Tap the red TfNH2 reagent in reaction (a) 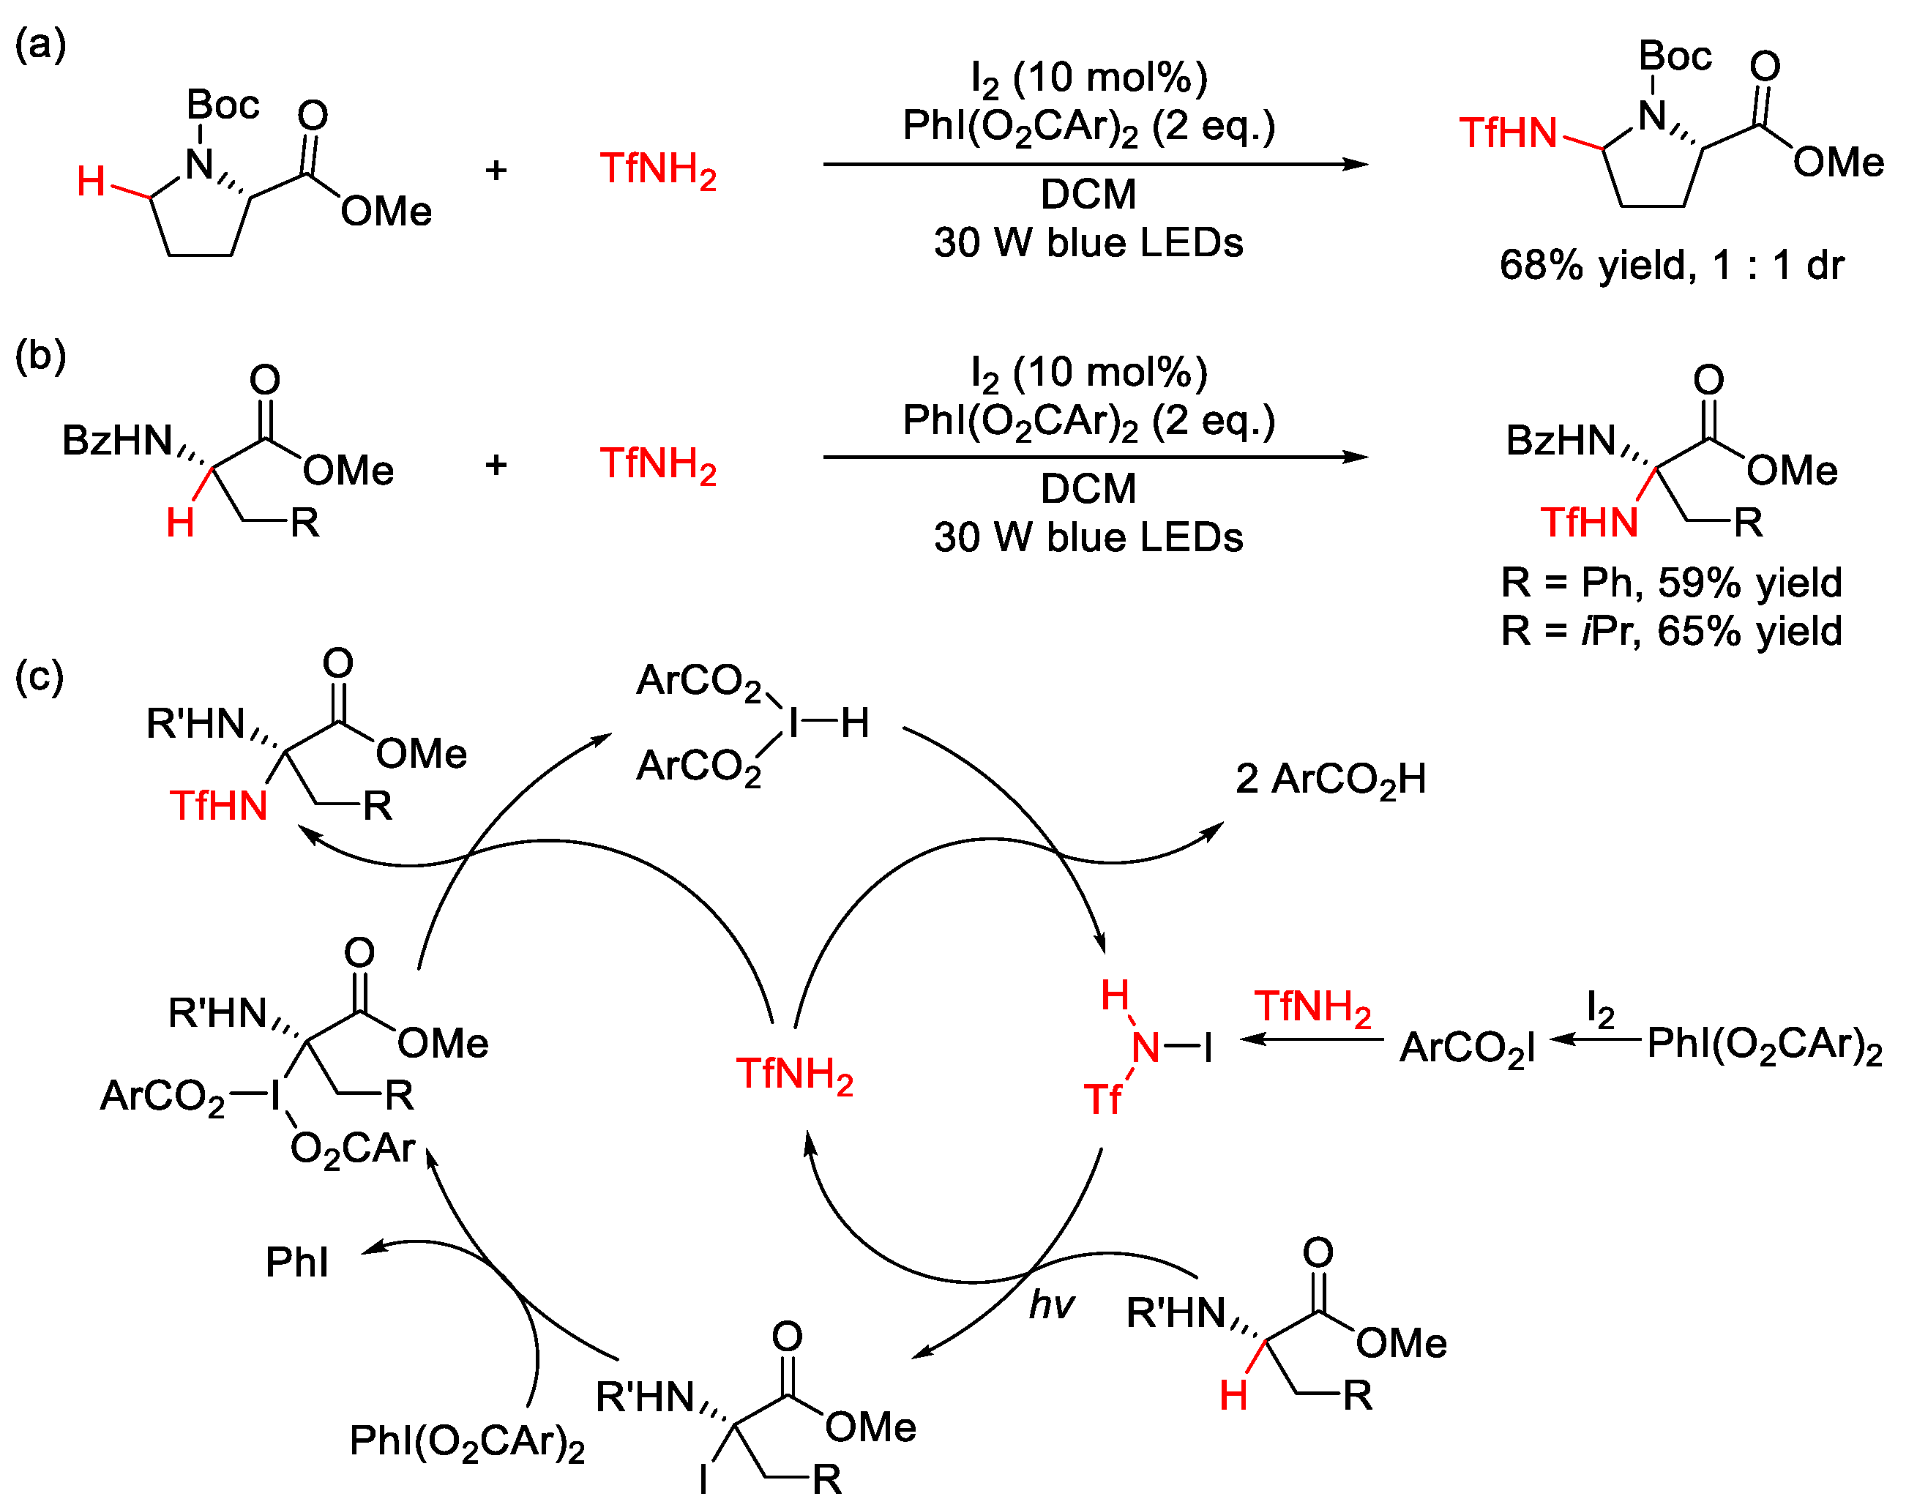coord(658,169)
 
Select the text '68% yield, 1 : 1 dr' coord(1670,264)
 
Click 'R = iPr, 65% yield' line coord(1670,630)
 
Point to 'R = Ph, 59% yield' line coord(1670,582)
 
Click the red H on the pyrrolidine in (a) coord(91,182)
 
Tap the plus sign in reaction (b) coord(496,464)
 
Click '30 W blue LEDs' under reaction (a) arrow coord(1088,242)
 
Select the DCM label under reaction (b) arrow coord(1088,488)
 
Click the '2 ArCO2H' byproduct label coord(1330,779)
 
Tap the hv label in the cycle coord(1051,1304)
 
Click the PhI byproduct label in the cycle coord(296,1262)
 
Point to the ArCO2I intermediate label coord(1467,1047)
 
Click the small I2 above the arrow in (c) coord(1601,1009)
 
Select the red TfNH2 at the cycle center coord(794,1074)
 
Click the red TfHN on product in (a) coord(1508,132)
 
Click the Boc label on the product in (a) coord(1675,56)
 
